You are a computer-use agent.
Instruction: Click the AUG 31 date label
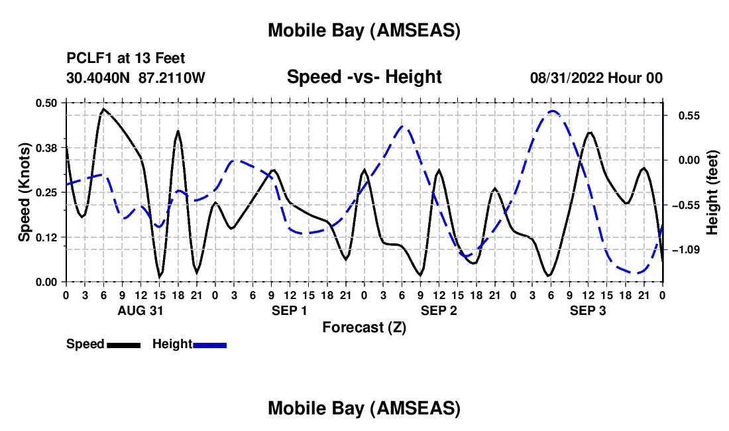coord(140,310)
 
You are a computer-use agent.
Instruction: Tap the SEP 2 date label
coord(438,310)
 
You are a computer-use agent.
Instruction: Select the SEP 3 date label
coord(587,310)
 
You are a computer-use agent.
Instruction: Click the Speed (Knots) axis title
coord(24,192)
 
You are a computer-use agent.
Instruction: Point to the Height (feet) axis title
coord(713,192)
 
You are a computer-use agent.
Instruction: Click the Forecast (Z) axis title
coord(364,327)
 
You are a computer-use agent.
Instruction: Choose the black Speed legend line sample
coord(123,345)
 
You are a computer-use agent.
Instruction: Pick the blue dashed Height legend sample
coord(209,345)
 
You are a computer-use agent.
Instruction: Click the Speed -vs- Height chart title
coord(364,77)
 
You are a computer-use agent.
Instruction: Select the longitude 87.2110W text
coord(172,78)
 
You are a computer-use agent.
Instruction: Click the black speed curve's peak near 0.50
coord(104,109)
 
